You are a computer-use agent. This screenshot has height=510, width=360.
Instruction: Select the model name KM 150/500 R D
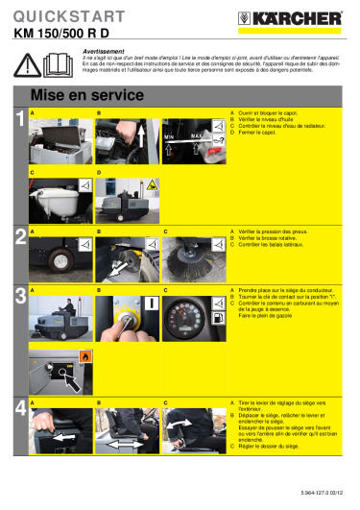[61, 32]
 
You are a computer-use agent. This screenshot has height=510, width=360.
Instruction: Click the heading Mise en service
[77, 95]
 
